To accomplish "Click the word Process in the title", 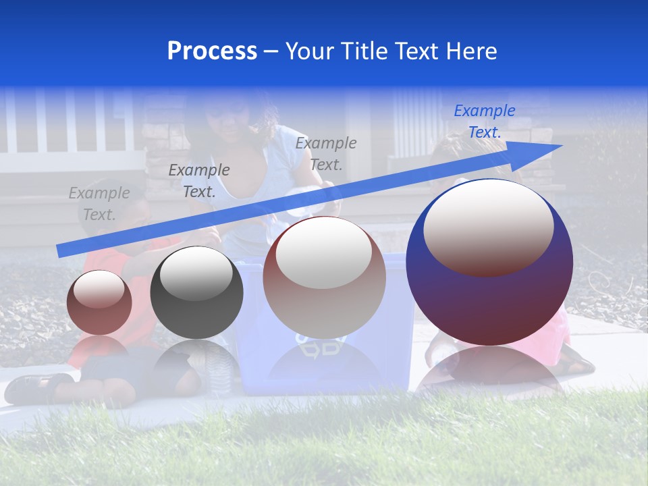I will pos(212,51).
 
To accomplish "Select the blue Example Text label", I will pos(484,122).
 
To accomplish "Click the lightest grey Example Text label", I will pos(99,204).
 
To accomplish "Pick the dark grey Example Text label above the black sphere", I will pos(198,181).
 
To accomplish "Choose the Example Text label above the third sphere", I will pos(326,153).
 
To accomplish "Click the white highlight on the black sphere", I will pos(196,273).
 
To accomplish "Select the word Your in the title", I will pos(311,51).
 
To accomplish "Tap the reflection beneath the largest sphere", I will pos(489,368).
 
